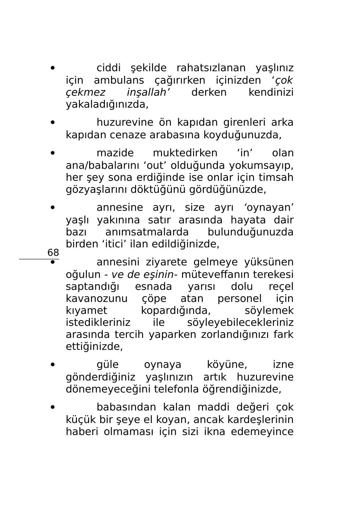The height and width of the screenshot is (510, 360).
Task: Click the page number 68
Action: [53, 253]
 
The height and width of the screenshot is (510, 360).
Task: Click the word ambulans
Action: [119, 80]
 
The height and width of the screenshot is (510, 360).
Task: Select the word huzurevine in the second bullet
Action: [125, 122]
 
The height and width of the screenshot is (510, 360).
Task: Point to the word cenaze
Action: [130, 135]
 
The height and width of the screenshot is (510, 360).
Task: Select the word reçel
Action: [281, 286]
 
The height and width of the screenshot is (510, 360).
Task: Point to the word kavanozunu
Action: [97, 298]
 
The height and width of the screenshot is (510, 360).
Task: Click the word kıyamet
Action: [86, 310]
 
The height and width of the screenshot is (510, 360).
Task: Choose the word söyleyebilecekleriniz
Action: [240, 322]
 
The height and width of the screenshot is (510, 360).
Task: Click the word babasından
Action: [126, 407]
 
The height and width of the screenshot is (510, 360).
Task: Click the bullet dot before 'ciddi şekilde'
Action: [53, 68]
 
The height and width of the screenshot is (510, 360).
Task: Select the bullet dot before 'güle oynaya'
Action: [53, 365]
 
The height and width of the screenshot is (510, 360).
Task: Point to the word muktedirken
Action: [185, 153]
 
